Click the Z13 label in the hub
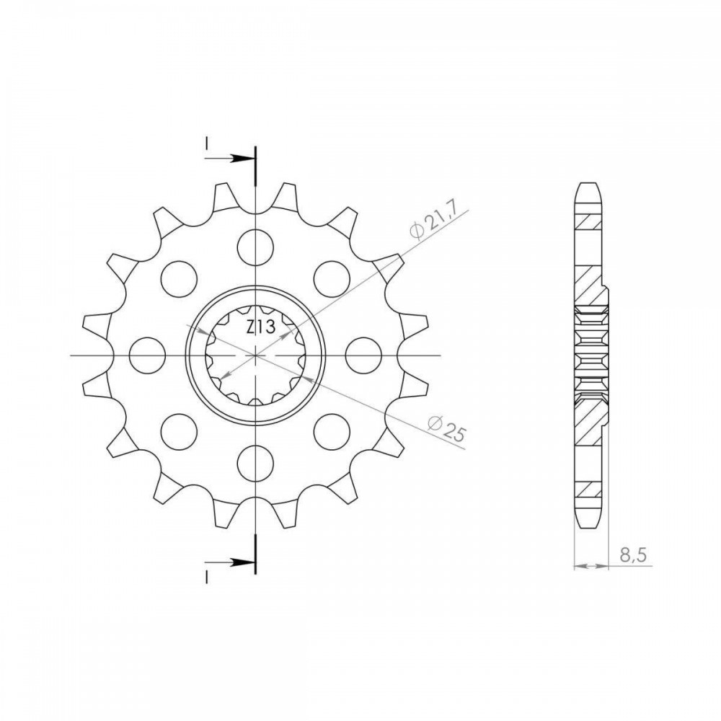click(261, 327)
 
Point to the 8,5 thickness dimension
click(633, 556)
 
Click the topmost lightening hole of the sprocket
click(255, 247)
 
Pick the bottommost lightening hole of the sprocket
click(255, 464)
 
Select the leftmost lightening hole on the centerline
click(147, 355)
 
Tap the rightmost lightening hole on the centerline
click(363, 355)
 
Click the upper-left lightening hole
click(180, 279)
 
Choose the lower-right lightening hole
click(332, 432)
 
